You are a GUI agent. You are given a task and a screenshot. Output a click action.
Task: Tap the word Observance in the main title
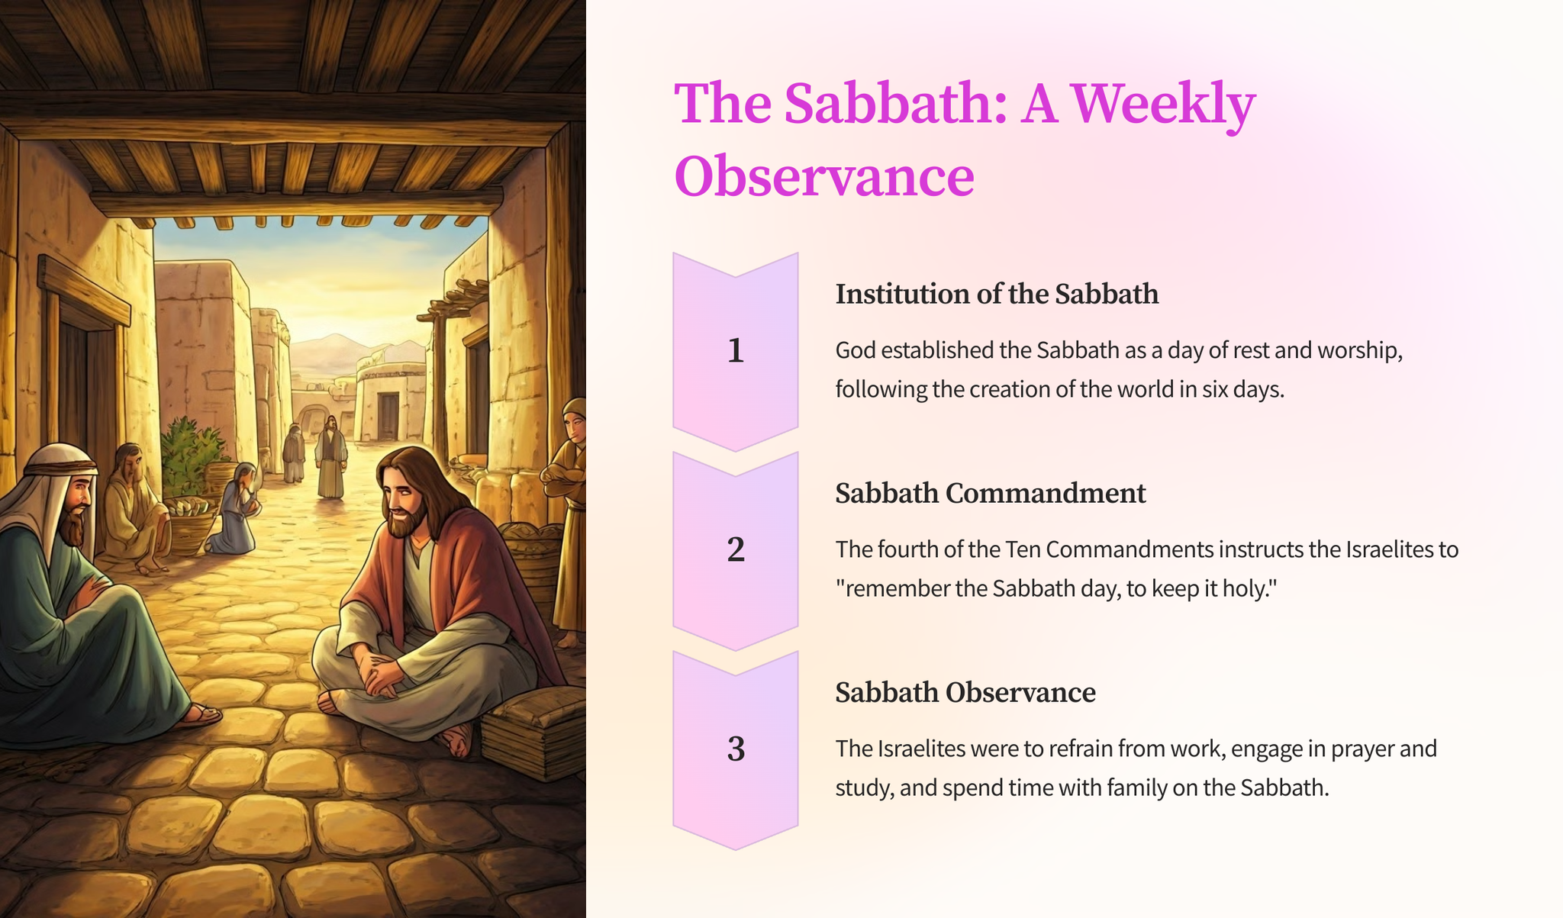824,176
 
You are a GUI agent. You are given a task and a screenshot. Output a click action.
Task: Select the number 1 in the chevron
735,350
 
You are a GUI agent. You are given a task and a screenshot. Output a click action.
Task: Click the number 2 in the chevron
735,549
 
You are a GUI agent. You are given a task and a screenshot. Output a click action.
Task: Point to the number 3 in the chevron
735,749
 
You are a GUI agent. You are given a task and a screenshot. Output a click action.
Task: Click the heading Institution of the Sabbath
997,294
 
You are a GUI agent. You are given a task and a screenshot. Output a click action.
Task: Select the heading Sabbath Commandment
991,493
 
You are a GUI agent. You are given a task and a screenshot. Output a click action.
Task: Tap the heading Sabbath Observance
965,692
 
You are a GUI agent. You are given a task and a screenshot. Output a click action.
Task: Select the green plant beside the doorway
191,454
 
